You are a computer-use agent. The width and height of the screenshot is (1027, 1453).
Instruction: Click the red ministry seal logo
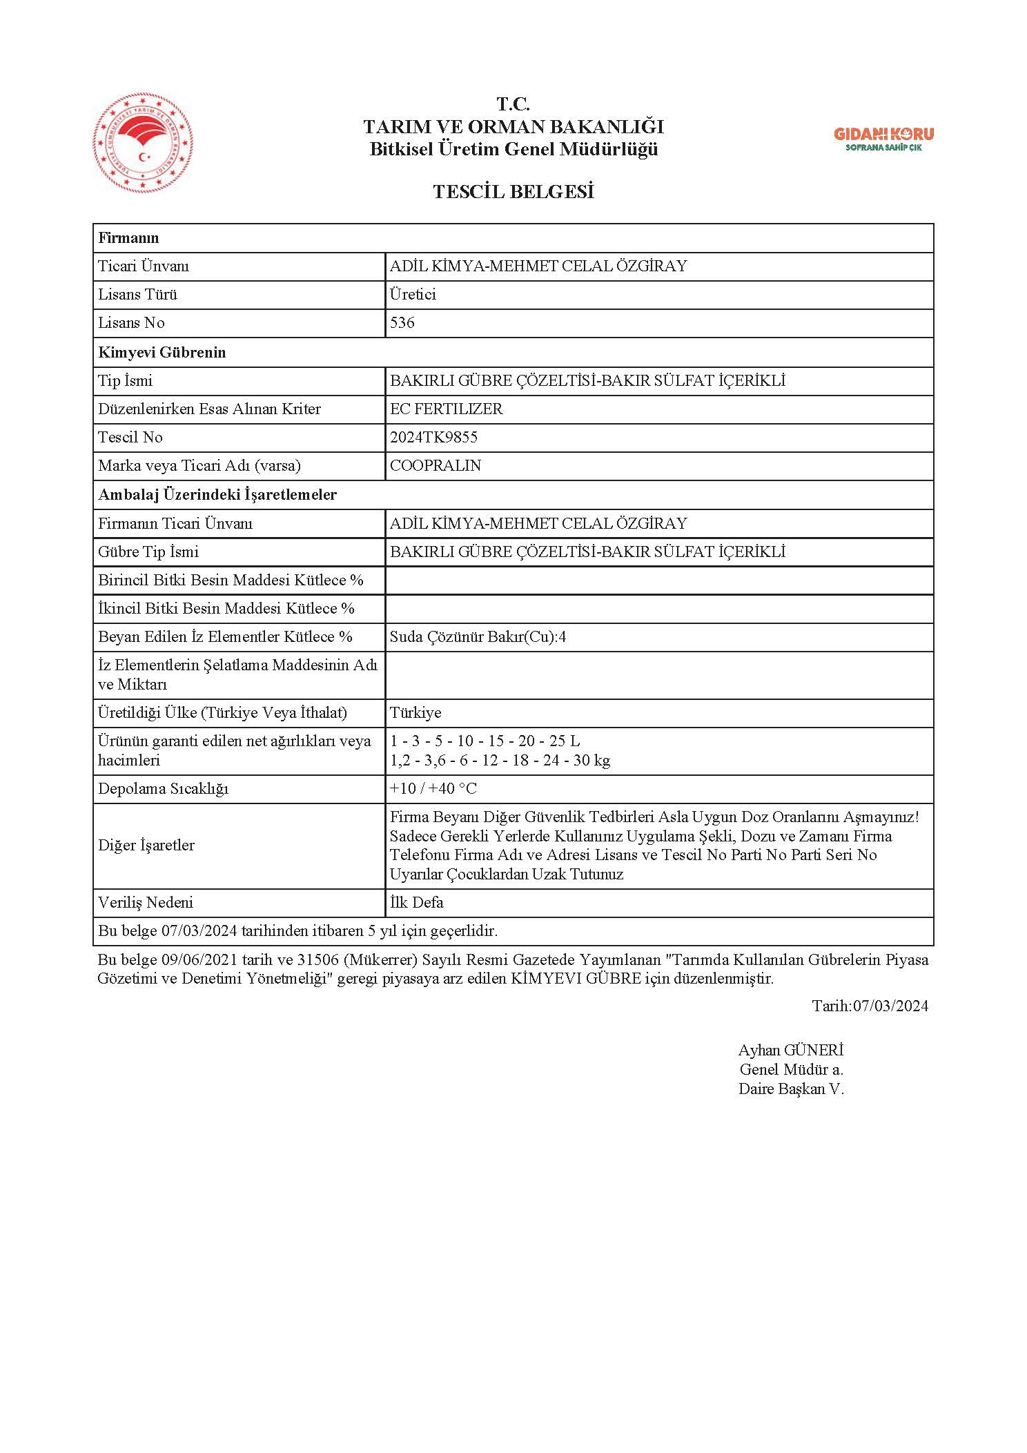coord(143,144)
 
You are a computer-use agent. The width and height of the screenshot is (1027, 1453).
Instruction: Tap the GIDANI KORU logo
coord(883,138)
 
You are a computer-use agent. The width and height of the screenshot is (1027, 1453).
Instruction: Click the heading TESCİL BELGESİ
coord(513,192)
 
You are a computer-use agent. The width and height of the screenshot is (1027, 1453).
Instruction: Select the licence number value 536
coord(402,323)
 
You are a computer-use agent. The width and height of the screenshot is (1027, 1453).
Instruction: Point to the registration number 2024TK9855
coord(433,437)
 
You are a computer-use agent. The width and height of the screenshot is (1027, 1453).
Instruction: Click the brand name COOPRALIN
coord(436,465)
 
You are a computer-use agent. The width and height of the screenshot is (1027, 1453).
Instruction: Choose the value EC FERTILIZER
coord(446,409)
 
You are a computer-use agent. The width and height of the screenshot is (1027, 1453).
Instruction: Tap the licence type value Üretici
coord(413,295)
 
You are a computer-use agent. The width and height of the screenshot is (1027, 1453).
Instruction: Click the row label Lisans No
coord(131,323)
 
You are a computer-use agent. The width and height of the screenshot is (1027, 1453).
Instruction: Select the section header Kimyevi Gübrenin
coord(162,352)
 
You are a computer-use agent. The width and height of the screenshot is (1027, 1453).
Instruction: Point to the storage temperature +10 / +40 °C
coord(433,788)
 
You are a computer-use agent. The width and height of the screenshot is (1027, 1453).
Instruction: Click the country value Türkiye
coord(415,712)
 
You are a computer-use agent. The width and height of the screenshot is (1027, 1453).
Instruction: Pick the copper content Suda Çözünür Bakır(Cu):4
coord(478,636)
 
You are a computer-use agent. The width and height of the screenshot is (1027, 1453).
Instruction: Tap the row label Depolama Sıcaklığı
coord(163,788)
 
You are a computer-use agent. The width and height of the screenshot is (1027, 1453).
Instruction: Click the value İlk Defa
coord(417,902)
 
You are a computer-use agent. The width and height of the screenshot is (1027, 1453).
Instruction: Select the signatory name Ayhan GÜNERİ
coord(791,1050)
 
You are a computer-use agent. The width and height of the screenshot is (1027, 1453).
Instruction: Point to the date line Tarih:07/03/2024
coord(870,1006)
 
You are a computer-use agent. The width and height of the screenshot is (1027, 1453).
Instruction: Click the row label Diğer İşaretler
coord(146,845)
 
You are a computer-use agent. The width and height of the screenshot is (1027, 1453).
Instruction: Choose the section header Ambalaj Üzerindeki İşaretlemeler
coord(217,494)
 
